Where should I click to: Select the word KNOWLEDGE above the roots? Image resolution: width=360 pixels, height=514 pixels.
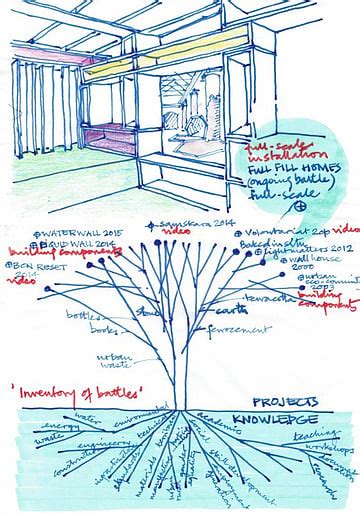point(274,419)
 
